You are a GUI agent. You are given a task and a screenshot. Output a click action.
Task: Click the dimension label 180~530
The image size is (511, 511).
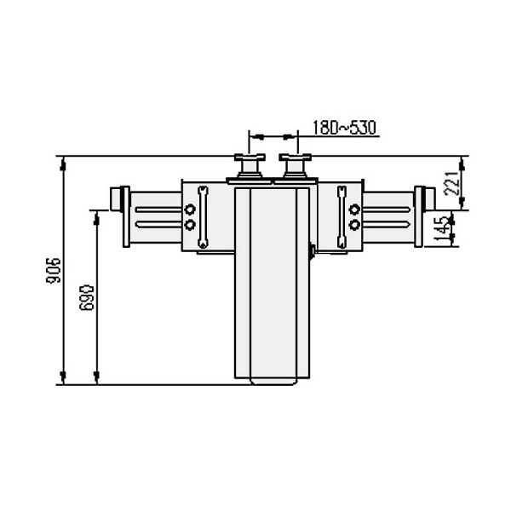(x=344, y=128)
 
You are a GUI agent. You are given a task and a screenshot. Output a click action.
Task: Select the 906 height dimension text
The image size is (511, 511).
(x=54, y=270)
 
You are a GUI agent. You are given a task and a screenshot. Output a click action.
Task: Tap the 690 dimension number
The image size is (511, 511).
(x=87, y=297)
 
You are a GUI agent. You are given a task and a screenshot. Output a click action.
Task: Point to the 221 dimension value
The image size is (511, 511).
(x=452, y=183)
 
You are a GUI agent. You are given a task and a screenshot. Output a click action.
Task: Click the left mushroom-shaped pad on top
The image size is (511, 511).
(x=250, y=166)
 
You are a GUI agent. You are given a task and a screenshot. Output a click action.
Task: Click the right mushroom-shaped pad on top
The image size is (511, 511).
(x=295, y=166)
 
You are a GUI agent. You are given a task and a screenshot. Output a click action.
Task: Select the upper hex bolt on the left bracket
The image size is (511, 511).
(x=190, y=209)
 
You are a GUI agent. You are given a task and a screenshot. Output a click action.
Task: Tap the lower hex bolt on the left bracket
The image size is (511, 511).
(x=190, y=225)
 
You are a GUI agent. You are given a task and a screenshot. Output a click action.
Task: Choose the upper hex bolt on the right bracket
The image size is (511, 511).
(x=354, y=210)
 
